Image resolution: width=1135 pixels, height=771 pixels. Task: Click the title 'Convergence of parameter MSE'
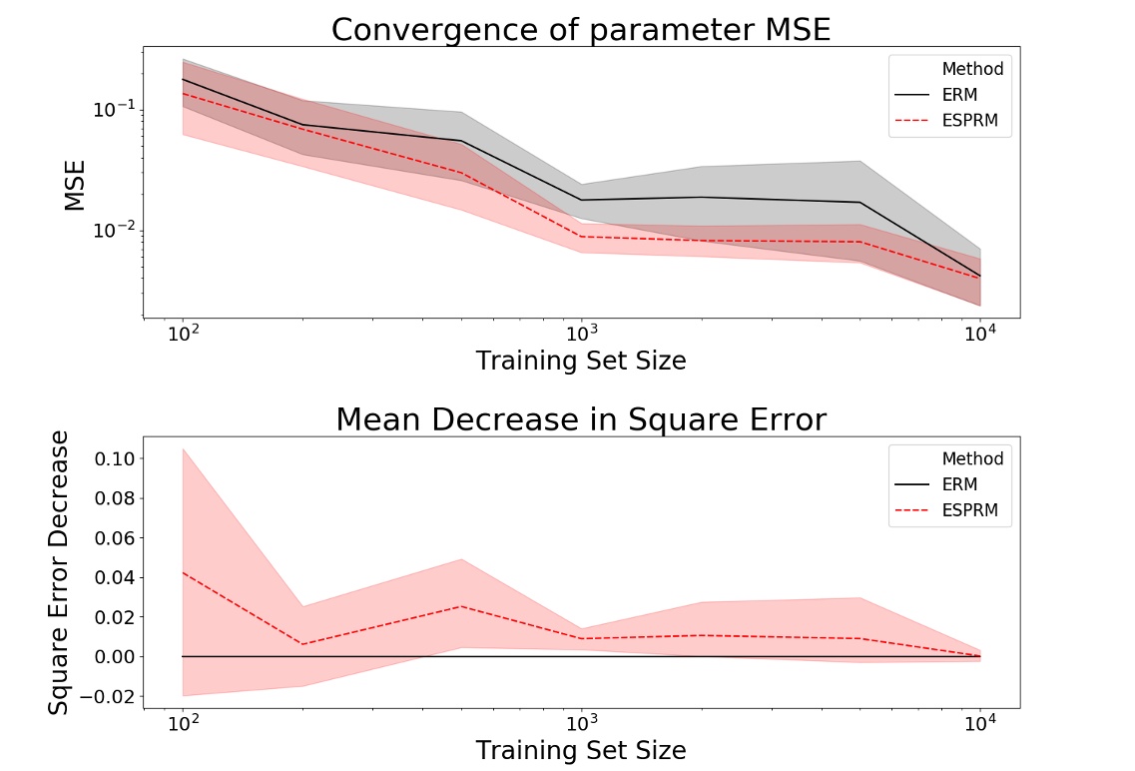click(x=581, y=30)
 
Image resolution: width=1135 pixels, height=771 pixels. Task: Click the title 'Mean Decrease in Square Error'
click(x=581, y=419)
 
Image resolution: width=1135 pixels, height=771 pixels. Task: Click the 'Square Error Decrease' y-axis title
click(x=60, y=571)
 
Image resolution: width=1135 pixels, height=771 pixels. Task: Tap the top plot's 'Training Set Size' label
click(x=581, y=361)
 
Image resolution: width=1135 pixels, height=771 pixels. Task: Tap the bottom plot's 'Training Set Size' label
click(x=581, y=750)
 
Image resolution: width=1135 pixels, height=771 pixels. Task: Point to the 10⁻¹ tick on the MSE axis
click(x=112, y=109)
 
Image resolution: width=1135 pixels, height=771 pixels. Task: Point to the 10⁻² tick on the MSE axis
click(x=112, y=231)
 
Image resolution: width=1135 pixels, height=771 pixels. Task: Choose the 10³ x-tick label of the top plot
click(x=581, y=333)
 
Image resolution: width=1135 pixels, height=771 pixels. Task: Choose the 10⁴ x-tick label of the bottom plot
click(x=979, y=722)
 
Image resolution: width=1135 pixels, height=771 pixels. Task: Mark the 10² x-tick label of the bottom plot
click(x=184, y=722)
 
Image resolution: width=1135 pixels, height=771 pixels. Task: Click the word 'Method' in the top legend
click(x=972, y=70)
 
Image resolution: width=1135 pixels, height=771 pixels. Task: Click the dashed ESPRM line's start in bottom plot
click(x=184, y=573)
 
